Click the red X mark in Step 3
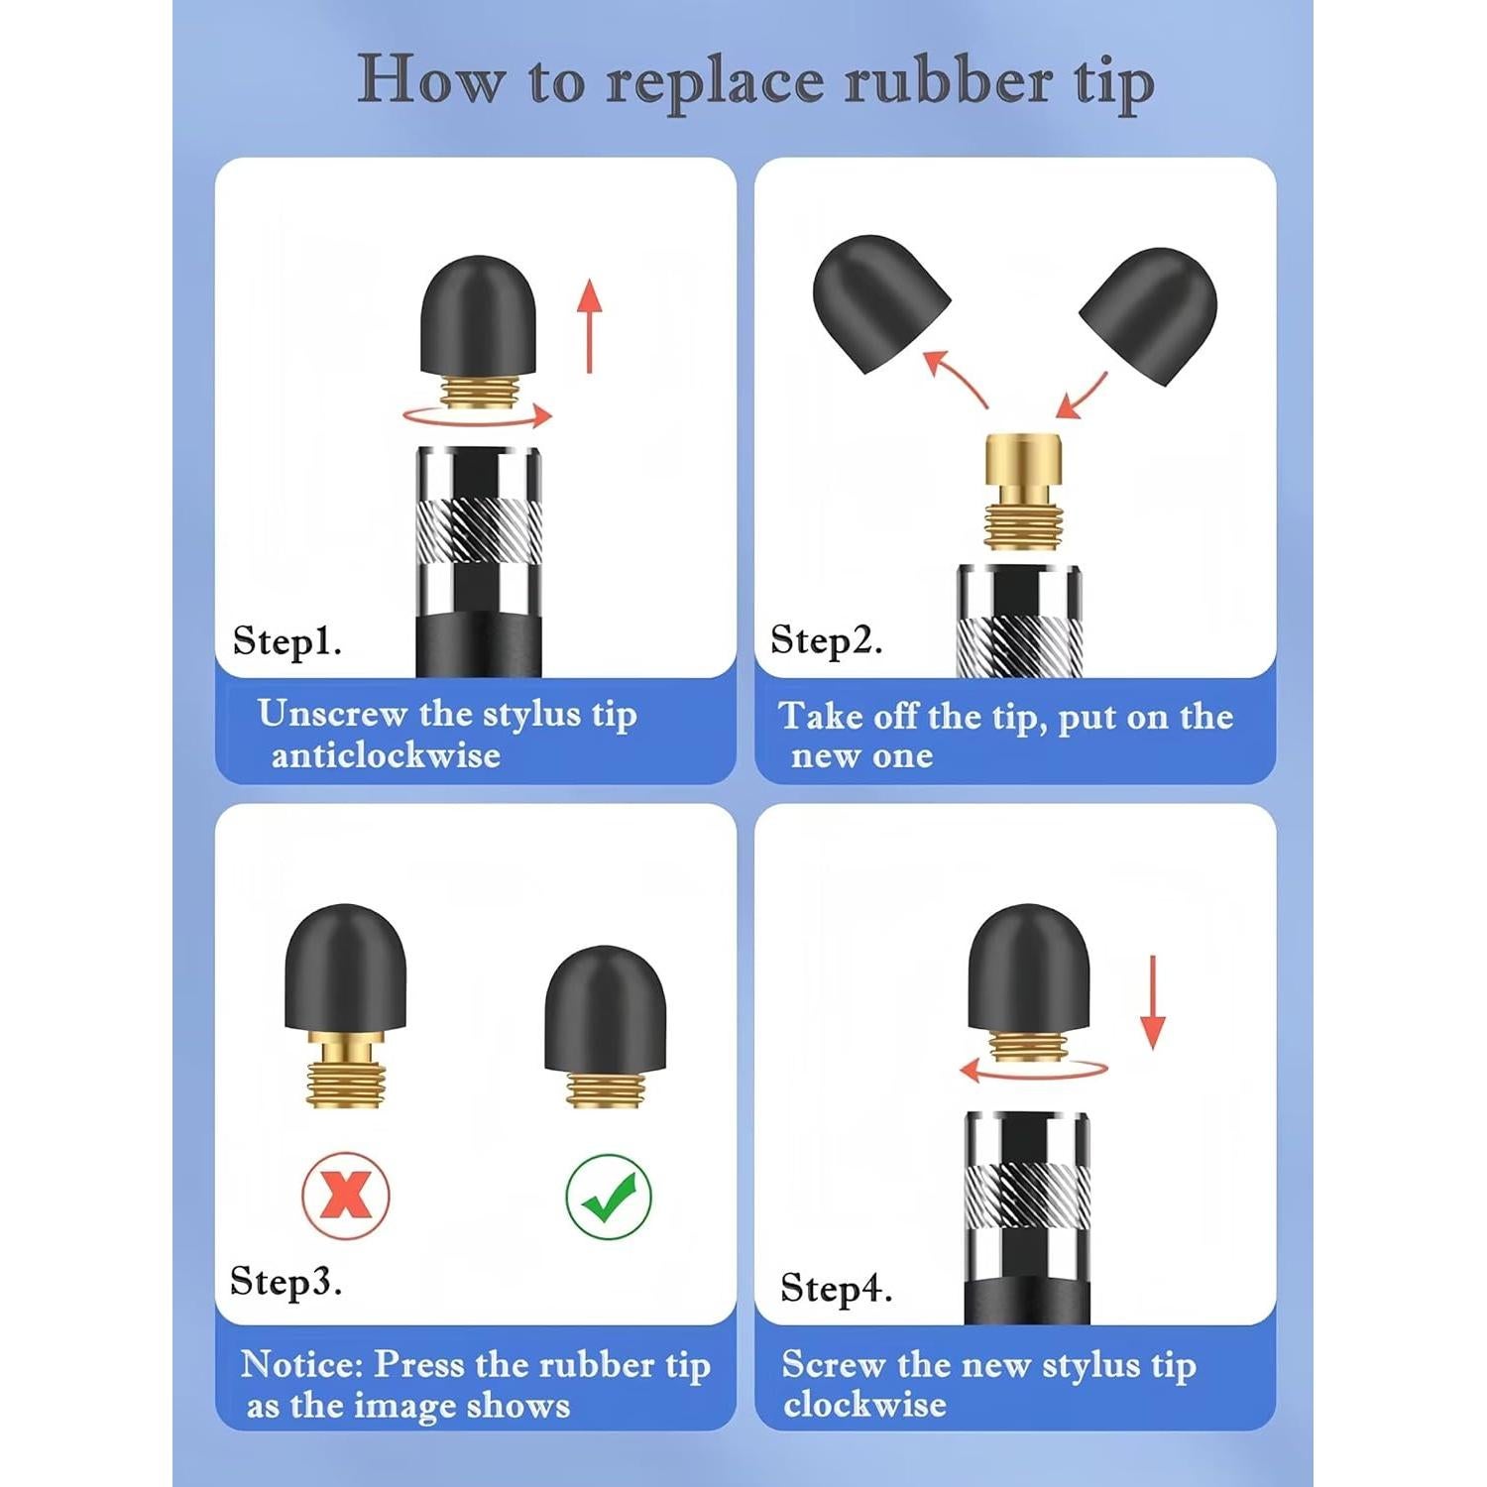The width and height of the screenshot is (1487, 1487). pyautogui.click(x=345, y=1196)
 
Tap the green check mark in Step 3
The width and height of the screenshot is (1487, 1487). pyautogui.click(x=609, y=1197)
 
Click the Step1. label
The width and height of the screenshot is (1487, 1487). pyautogui.click(x=286, y=641)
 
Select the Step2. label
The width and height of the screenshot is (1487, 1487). pyautogui.click(x=826, y=640)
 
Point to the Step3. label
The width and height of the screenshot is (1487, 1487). pyautogui.click(x=286, y=1281)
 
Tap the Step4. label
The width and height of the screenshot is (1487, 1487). pyautogui.click(x=836, y=1288)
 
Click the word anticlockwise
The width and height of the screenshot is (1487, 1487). pyautogui.click(x=386, y=755)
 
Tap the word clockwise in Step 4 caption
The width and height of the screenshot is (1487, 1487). pyautogui.click(x=864, y=1405)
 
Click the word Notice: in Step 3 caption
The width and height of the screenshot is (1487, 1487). pyautogui.click(x=302, y=1365)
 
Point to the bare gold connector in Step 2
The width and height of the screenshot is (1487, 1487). pyautogui.click(x=1023, y=491)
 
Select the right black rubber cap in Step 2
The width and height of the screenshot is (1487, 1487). pyautogui.click(x=1150, y=311)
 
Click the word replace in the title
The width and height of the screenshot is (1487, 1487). pyautogui.click(x=714, y=81)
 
